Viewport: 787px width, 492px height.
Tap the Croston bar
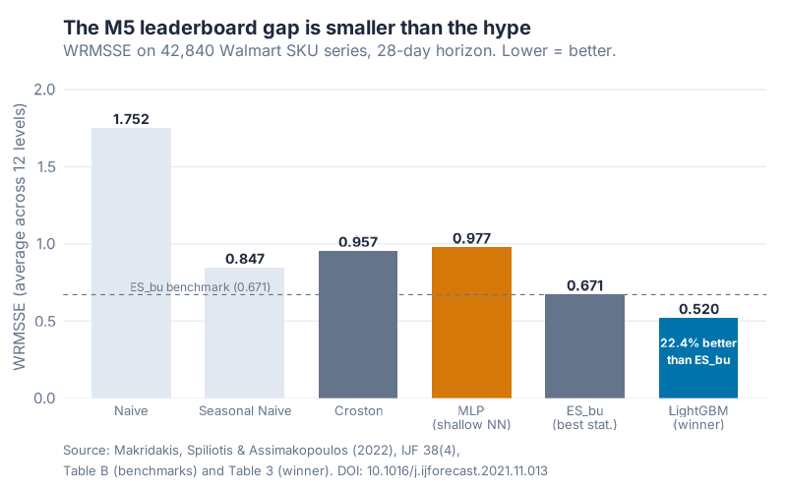pyautogui.click(x=358, y=325)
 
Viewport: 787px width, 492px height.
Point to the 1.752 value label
pyautogui.click(x=131, y=119)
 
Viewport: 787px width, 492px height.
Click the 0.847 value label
pyautogui.click(x=244, y=259)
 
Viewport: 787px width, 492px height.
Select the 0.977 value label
pyautogui.click(x=471, y=238)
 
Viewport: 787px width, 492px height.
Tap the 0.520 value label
pyautogui.click(x=698, y=309)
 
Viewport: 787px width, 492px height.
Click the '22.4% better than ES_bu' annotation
pyautogui.click(x=698, y=351)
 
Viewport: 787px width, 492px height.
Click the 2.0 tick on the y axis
pyautogui.click(x=71, y=90)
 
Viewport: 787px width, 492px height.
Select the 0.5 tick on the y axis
pyautogui.click(x=71, y=321)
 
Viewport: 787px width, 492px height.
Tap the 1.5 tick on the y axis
pyautogui.click(x=71, y=166)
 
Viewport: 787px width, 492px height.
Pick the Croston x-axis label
pyautogui.click(x=358, y=410)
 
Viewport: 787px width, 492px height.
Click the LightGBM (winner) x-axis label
pyautogui.click(x=698, y=417)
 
